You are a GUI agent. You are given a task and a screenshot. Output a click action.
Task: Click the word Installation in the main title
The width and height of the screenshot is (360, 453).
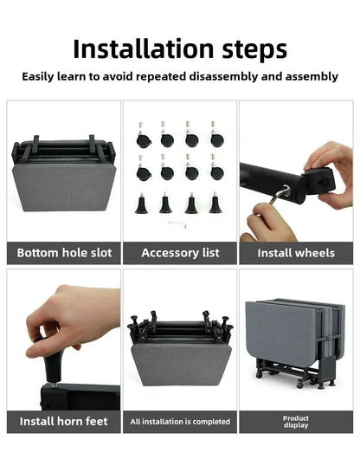(144, 49)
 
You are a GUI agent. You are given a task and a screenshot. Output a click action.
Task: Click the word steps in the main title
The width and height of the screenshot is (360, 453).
(254, 50)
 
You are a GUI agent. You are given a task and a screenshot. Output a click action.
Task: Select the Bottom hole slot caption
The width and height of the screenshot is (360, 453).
(64, 253)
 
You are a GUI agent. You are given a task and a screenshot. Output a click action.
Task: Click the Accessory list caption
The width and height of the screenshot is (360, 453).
(180, 253)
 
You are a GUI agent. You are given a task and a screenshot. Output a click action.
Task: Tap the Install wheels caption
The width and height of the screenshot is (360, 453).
(296, 253)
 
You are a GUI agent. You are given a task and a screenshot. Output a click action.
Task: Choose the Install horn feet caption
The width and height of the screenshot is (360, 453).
(63, 421)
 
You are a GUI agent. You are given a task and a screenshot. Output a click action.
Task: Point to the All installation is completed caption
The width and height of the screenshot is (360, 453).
(180, 422)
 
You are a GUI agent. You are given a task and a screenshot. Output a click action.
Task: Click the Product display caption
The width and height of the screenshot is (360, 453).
(296, 422)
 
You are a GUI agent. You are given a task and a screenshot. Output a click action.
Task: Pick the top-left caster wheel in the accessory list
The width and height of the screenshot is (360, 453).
(144, 135)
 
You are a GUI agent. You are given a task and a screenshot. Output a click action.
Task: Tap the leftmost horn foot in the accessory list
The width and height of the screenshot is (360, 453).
(141, 204)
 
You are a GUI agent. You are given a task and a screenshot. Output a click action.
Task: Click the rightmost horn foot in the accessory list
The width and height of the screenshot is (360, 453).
(215, 203)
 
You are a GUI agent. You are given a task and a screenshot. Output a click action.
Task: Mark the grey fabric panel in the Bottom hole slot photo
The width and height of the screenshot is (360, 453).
(64, 187)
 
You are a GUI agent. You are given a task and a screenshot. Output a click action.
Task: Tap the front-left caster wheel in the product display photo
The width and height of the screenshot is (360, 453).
(260, 374)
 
